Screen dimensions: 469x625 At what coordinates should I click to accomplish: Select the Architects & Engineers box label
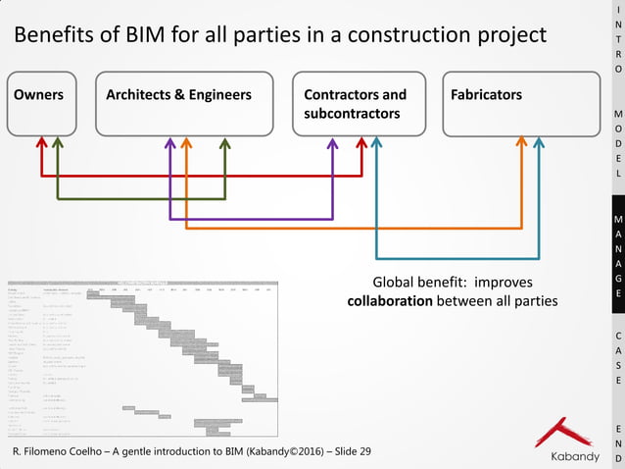click(178, 95)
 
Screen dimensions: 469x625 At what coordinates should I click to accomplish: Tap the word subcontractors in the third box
click(352, 114)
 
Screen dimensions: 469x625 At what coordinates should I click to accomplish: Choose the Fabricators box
click(519, 103)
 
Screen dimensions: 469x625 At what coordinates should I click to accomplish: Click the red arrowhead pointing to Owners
click(41, 143)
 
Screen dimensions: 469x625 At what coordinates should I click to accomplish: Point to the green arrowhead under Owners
click(58, 143)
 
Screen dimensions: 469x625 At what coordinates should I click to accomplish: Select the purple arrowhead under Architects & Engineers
click(170, 143)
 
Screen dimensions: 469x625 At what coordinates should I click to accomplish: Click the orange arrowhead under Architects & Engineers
click(186, 143)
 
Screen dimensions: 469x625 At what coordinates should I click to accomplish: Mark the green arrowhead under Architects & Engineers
click(225, 143)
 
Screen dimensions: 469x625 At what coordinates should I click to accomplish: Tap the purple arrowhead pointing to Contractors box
click(332, 143)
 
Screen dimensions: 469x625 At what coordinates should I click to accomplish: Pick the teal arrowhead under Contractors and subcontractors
click(377, 143)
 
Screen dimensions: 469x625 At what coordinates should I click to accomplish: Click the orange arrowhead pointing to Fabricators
click(522, 143)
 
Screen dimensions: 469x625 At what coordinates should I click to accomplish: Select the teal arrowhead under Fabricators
click(539, 143)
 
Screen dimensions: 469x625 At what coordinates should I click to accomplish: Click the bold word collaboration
click(390, 300)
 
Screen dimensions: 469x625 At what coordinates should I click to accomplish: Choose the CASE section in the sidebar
click(617, 357)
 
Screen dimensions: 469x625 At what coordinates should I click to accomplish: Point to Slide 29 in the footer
click(352, 451)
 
